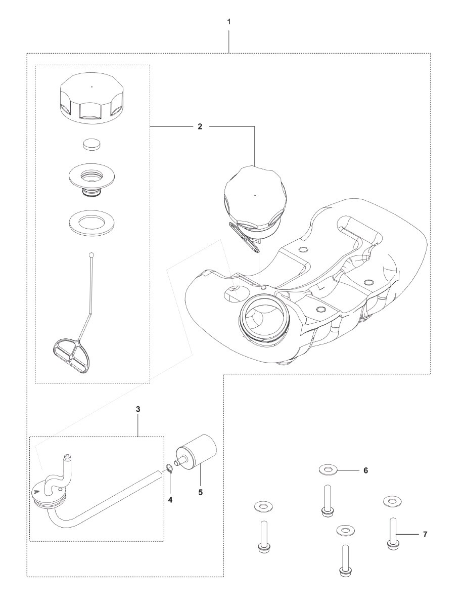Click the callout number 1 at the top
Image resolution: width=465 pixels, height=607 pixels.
coord(229,22)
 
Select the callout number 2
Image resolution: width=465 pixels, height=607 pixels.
coord(200,126)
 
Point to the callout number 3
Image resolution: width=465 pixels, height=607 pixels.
coord(138,409)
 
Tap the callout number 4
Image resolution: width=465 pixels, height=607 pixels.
coord(170,499)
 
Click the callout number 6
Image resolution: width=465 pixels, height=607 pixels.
coord(365,470)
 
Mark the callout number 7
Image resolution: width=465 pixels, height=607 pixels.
coord(425,534)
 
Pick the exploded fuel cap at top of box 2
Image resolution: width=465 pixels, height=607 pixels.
coord(91,99)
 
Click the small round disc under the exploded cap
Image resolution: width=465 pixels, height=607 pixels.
coord(91,144)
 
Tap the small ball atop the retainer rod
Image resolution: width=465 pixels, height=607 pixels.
coord(91,255)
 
